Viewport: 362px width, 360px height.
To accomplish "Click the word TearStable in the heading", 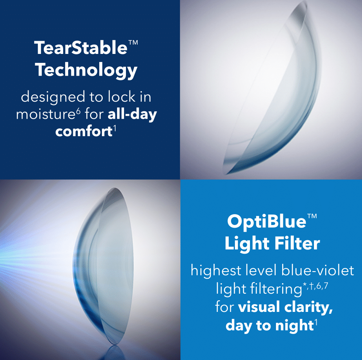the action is click(81, 48).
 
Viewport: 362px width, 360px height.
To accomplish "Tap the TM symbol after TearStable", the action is click(133, 43).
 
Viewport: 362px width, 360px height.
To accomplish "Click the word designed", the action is click(53, 97).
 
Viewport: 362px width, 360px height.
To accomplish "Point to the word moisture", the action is click(46, 114).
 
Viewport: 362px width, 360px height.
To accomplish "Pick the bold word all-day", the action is click(132, 114).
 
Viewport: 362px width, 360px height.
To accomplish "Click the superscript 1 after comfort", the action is click(114, 128).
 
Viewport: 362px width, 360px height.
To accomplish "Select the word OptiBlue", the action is click(267, 222).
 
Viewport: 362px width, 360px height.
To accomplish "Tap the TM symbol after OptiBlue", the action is click(312, 216).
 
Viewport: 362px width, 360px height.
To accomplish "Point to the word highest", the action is click(216, 270).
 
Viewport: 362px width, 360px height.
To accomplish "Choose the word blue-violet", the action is click(318, 270).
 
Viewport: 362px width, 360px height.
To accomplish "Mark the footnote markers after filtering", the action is click(315, 286).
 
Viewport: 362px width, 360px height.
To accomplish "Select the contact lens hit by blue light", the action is click(104, 266).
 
